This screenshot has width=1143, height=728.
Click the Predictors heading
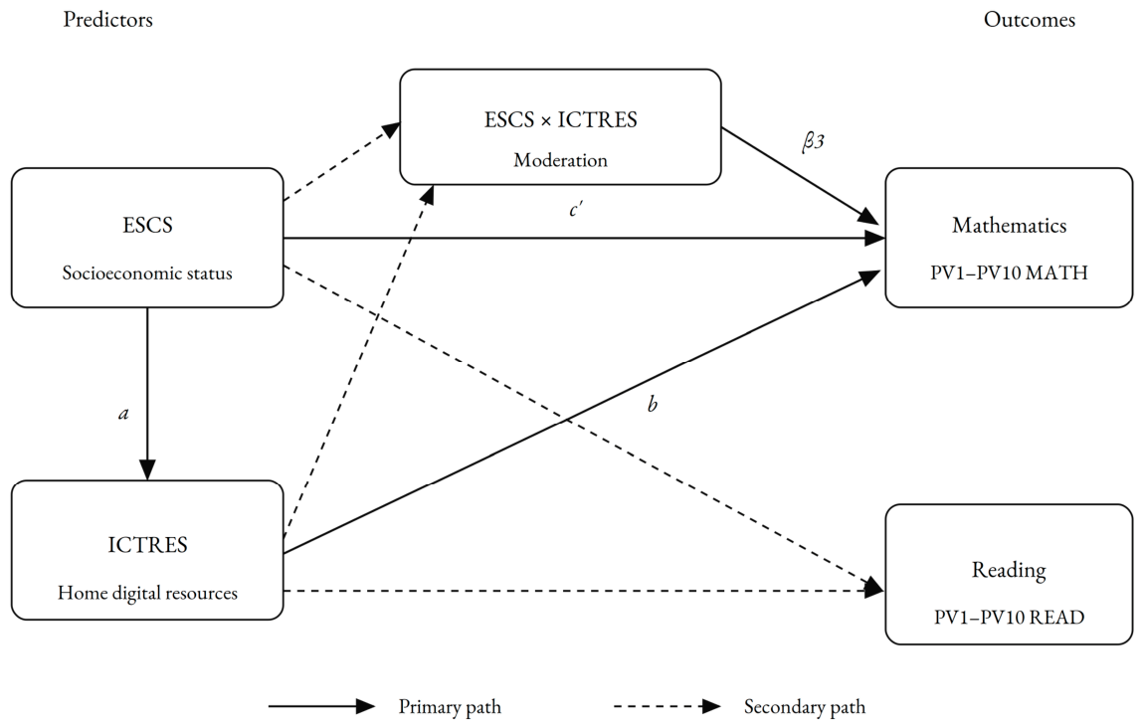[107, 19]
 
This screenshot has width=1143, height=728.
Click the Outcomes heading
[1030, 19]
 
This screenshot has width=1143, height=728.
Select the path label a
[124, 414]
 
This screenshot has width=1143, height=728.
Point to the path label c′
[576, 210]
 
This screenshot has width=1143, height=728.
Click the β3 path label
[813, 140]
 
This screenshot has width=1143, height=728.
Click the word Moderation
[561, 160]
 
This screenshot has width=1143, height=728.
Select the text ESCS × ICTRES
[561, 119]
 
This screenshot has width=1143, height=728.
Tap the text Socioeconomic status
[147, 273]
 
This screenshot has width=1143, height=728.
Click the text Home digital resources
[147, 593]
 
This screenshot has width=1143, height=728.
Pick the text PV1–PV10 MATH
[1009, 273]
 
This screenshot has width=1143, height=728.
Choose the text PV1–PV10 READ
[1009, 618]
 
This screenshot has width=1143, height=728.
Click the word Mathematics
[1009, 225]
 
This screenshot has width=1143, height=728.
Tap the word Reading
[1009, 570]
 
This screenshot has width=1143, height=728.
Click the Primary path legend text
[450, 706]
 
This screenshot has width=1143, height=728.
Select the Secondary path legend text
[805, 706]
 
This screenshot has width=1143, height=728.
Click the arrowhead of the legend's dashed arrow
[710, 705]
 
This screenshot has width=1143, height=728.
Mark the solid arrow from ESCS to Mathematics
[584, 238]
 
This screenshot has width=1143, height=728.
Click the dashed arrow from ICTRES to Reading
[584, 590]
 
